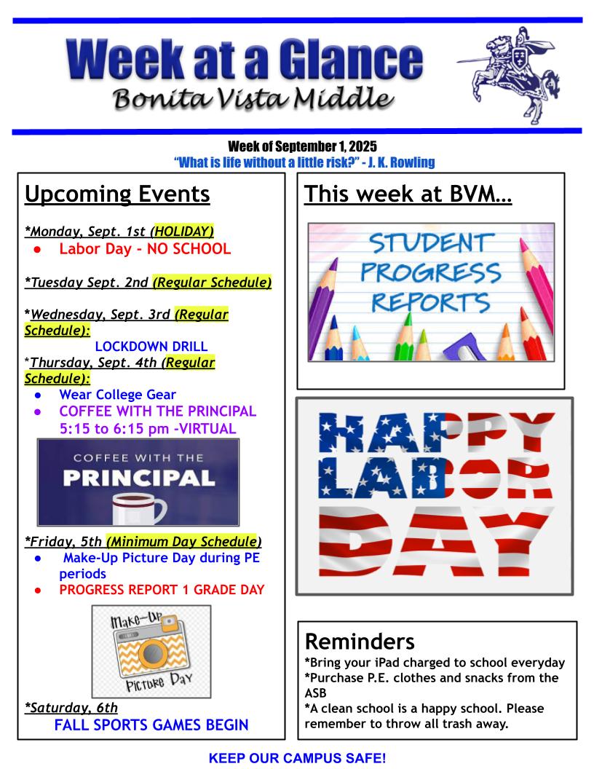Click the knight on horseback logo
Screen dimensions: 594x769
(510, 74)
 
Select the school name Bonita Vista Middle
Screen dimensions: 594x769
(253, 98)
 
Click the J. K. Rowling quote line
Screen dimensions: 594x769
(304, 162)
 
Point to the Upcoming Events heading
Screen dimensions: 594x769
(117, 194)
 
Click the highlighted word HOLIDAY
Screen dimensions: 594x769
(183, 231)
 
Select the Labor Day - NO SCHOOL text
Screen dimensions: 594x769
(145, 248)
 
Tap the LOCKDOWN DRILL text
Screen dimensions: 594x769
(151, 346)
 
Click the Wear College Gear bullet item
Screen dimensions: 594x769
(118, 394)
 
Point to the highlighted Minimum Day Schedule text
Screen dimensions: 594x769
(182, 541)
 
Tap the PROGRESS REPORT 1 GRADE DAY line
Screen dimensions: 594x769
(162, 590)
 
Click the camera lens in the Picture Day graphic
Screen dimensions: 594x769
(152, 653)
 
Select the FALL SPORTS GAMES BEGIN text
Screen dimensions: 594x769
(151, 725)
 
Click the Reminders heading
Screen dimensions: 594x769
(360, 642)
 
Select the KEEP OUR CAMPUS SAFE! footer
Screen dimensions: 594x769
(298, 758)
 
